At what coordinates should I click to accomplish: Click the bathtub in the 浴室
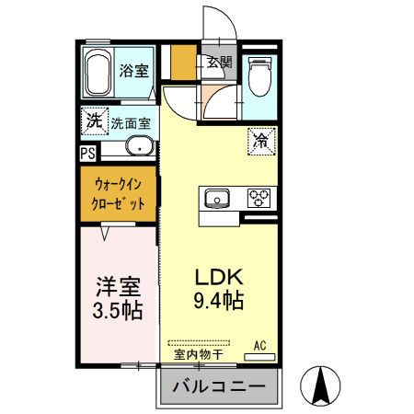(98, 73)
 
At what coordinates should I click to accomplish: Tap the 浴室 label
(135, 70)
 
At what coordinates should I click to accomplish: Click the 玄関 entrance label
(219, 63)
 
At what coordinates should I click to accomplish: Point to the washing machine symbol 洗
(93, 120)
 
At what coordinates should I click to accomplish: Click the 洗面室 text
(131, 121)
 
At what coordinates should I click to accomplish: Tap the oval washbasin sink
(139, 147)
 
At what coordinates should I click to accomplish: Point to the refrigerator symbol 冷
(260, 141)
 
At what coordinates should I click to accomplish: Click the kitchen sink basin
(218, 197)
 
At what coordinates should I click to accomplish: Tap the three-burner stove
(257, 197)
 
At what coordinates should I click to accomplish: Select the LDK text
(218, 276)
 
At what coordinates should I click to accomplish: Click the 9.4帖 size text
(218, 300)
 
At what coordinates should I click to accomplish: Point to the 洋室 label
(117, 285)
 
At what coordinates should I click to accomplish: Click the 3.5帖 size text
(117, 310)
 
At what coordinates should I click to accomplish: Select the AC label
(260, 345)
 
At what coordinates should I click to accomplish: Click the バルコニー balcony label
(219, 385)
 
